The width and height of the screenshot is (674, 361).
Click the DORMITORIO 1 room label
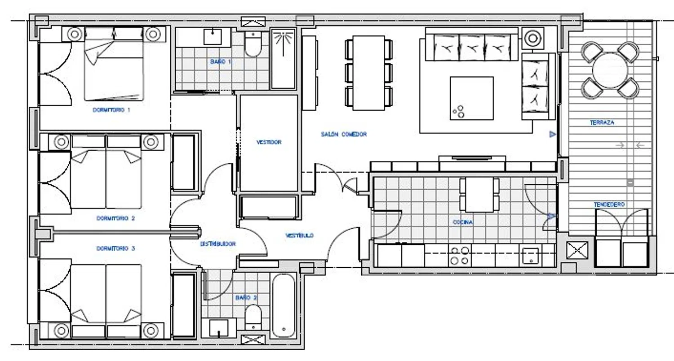[111, 110]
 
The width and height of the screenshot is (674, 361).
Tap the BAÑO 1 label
[221, 61]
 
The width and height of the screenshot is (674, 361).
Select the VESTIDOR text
[269, 142]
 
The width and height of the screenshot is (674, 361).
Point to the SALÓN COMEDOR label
[344, 134]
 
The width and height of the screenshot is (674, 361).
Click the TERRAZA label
[602, 122]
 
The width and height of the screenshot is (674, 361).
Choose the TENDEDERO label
[609, 204]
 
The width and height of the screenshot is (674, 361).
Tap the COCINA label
[463, 222]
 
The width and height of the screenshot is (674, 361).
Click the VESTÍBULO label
[299, 235]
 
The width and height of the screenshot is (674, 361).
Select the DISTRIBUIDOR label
[218, 244]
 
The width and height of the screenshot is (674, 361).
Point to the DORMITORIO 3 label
[115, 248]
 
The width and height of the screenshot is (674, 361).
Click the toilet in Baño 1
[253, 44]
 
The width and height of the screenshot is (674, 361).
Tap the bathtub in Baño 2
[284, 306]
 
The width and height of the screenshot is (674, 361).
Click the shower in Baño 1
[283, 59]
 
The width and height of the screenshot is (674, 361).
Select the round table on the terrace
[610, 70]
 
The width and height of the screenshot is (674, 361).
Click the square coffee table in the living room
[471, 98]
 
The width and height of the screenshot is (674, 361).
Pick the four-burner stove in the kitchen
[460, 256]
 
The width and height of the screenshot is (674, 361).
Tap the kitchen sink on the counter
[531, 256]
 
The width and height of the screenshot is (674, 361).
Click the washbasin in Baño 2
[219, 328]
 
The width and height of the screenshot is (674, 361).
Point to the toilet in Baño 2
[253, 318]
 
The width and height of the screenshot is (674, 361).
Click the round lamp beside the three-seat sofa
[532, 38]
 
